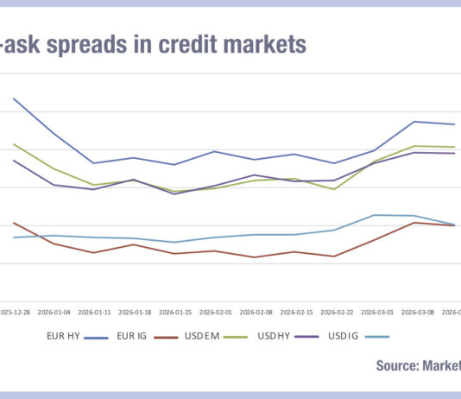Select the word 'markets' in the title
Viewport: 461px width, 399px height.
click(x=264, y=45)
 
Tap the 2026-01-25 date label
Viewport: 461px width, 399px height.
click(x=175, y=313)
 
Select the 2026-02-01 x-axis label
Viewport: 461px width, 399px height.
click(x=216, y=313)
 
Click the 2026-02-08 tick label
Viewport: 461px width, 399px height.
click(x=256, y=313)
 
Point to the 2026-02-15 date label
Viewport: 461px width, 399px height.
click(x=296, y=313)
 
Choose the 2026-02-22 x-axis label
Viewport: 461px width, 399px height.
click(x=337, y=313)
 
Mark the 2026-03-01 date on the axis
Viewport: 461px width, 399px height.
click(x=377, y=313)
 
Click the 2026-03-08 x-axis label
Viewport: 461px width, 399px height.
click(x=417, y=313)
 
